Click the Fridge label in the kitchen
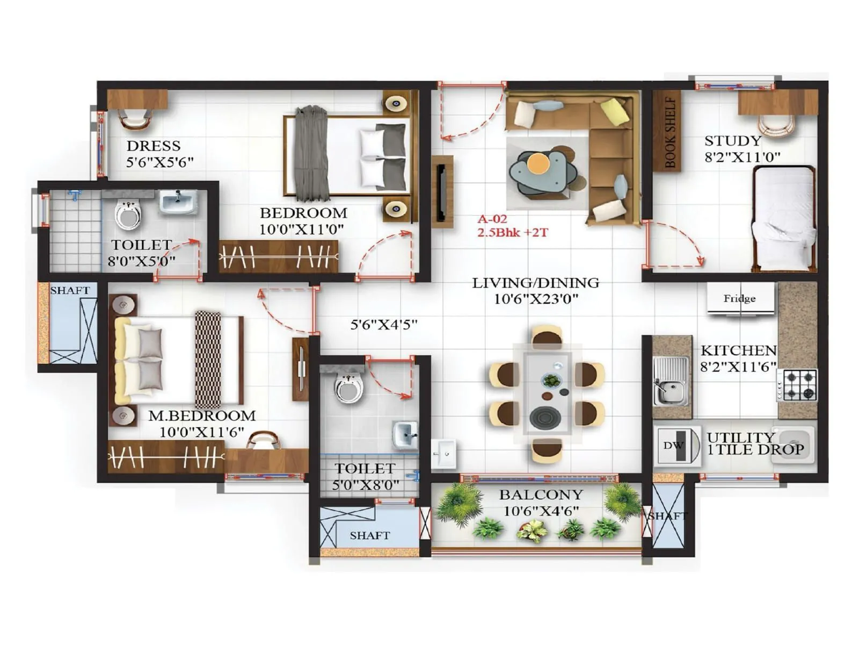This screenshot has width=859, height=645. (x=739, y=298)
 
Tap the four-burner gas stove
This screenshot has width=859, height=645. (x=799, y=385)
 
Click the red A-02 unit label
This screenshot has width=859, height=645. (x=492, y=219)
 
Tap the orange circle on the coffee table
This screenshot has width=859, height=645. (x=538, y=163)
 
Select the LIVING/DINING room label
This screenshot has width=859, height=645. (x=535, y=283)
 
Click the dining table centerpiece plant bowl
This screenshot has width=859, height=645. (x=551, y=381)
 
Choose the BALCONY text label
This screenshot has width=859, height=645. (x=541, y=494)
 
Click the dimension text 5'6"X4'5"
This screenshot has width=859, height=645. (x=383, y=325)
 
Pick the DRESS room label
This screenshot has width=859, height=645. (x=154, y=146)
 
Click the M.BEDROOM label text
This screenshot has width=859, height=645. (x=202, y=415)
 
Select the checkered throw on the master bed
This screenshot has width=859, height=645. (x=208, y=359)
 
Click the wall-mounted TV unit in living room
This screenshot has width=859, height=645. (x=441, y=192)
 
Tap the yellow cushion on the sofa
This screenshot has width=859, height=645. (x=615, y=112)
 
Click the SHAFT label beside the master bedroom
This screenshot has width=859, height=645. (x=70, y=290)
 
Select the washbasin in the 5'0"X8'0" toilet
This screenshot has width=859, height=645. (x=405, y=434)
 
